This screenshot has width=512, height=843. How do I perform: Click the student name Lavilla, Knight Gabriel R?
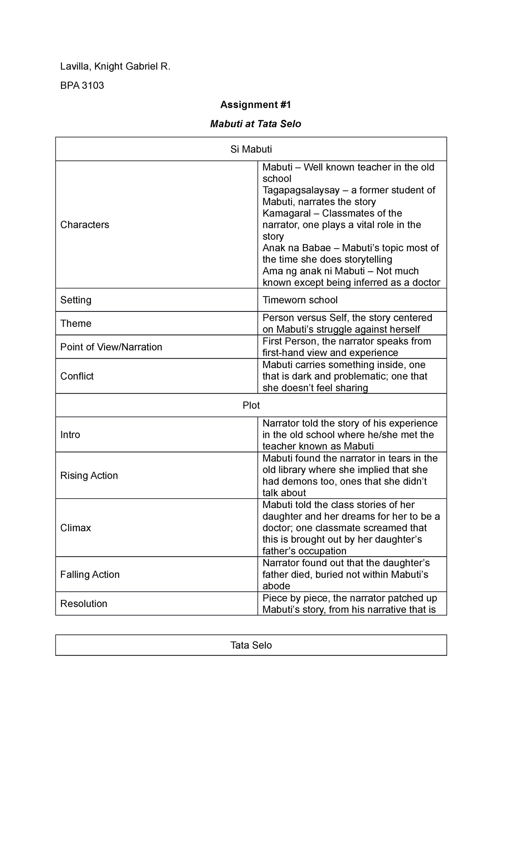(115, 67)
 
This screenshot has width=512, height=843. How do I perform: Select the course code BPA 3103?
(82, 86)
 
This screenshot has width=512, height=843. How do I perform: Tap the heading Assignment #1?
(255, 105)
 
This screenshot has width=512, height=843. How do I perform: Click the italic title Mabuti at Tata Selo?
(255, 124)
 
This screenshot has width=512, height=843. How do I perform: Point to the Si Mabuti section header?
(251, 149)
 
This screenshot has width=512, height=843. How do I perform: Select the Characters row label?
(84, 225)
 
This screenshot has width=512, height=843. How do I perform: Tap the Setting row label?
(76, 300)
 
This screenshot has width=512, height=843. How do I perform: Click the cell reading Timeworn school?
(300, 300)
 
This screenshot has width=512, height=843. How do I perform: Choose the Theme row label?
(76, 323)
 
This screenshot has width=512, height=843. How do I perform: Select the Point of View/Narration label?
(111, 347)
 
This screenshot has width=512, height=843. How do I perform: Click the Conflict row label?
(77, 376)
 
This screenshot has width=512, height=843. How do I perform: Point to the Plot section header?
(251, 405)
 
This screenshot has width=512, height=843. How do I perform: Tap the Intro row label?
(70, 435)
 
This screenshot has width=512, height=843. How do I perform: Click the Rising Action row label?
(89, 476)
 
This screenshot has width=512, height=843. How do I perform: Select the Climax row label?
(76, 528)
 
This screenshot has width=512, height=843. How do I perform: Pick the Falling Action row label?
(90, 575)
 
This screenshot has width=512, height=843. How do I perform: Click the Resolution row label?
(84, 604)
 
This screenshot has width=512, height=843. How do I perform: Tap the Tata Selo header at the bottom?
(251, 645)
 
